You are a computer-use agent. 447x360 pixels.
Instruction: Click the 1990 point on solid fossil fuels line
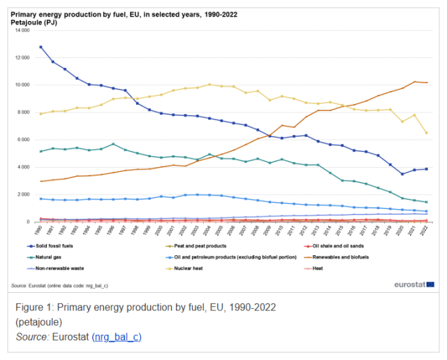[41, 47]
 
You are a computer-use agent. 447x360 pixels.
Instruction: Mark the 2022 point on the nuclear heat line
[425, 133]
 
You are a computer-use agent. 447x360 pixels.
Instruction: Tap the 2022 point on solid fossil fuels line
[425, 169]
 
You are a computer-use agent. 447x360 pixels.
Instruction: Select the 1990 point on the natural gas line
[41, 151]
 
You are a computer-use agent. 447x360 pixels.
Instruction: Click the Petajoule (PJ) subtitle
[35, 22]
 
